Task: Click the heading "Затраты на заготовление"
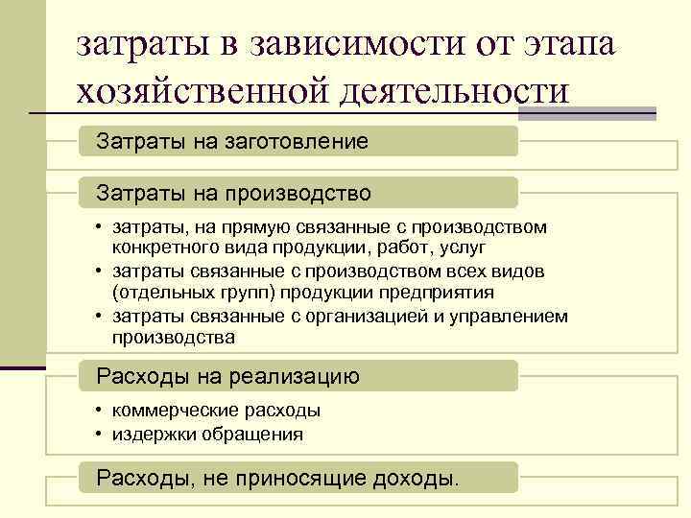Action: [x=231, y=142]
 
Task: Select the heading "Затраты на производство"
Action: [x=233, y=194]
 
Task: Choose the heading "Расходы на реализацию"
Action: [x=227, y=377]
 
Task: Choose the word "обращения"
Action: [x=258, y=434]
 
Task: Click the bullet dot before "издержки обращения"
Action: [x=100, y=434]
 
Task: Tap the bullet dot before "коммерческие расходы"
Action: [x=100, y=411]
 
